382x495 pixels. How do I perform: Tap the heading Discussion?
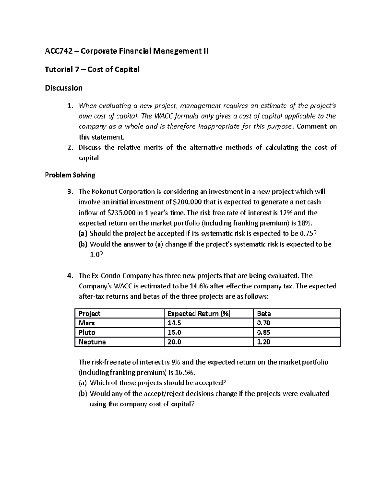tap(64, 88)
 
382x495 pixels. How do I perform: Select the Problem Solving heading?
tap(70, 175)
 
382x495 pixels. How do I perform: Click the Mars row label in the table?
tap(87, 323)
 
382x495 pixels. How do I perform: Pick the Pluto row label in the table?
tap(87, 332)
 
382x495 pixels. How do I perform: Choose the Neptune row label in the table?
tap(92, 342)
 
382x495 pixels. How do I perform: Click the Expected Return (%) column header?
tap(199, 313)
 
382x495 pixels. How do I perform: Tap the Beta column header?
tap(264, 313)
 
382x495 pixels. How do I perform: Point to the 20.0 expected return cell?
tap(174, 342)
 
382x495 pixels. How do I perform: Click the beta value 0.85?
tap(264, 332)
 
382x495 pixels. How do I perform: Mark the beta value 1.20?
tap(264, 342)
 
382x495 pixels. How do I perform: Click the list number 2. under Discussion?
tap(71, 148)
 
